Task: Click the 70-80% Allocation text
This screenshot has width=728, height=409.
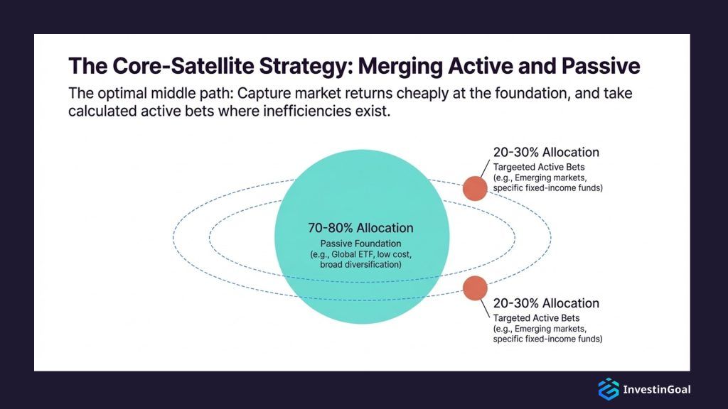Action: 360,228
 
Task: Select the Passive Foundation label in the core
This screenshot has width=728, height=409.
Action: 360,243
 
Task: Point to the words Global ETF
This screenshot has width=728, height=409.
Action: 365,254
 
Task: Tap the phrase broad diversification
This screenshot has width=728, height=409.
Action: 360,264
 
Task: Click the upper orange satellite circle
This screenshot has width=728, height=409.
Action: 475,188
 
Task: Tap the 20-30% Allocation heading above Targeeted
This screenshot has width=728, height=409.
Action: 546,152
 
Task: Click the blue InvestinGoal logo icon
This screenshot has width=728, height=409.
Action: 608,388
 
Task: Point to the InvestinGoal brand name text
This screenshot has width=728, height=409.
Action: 656,389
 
